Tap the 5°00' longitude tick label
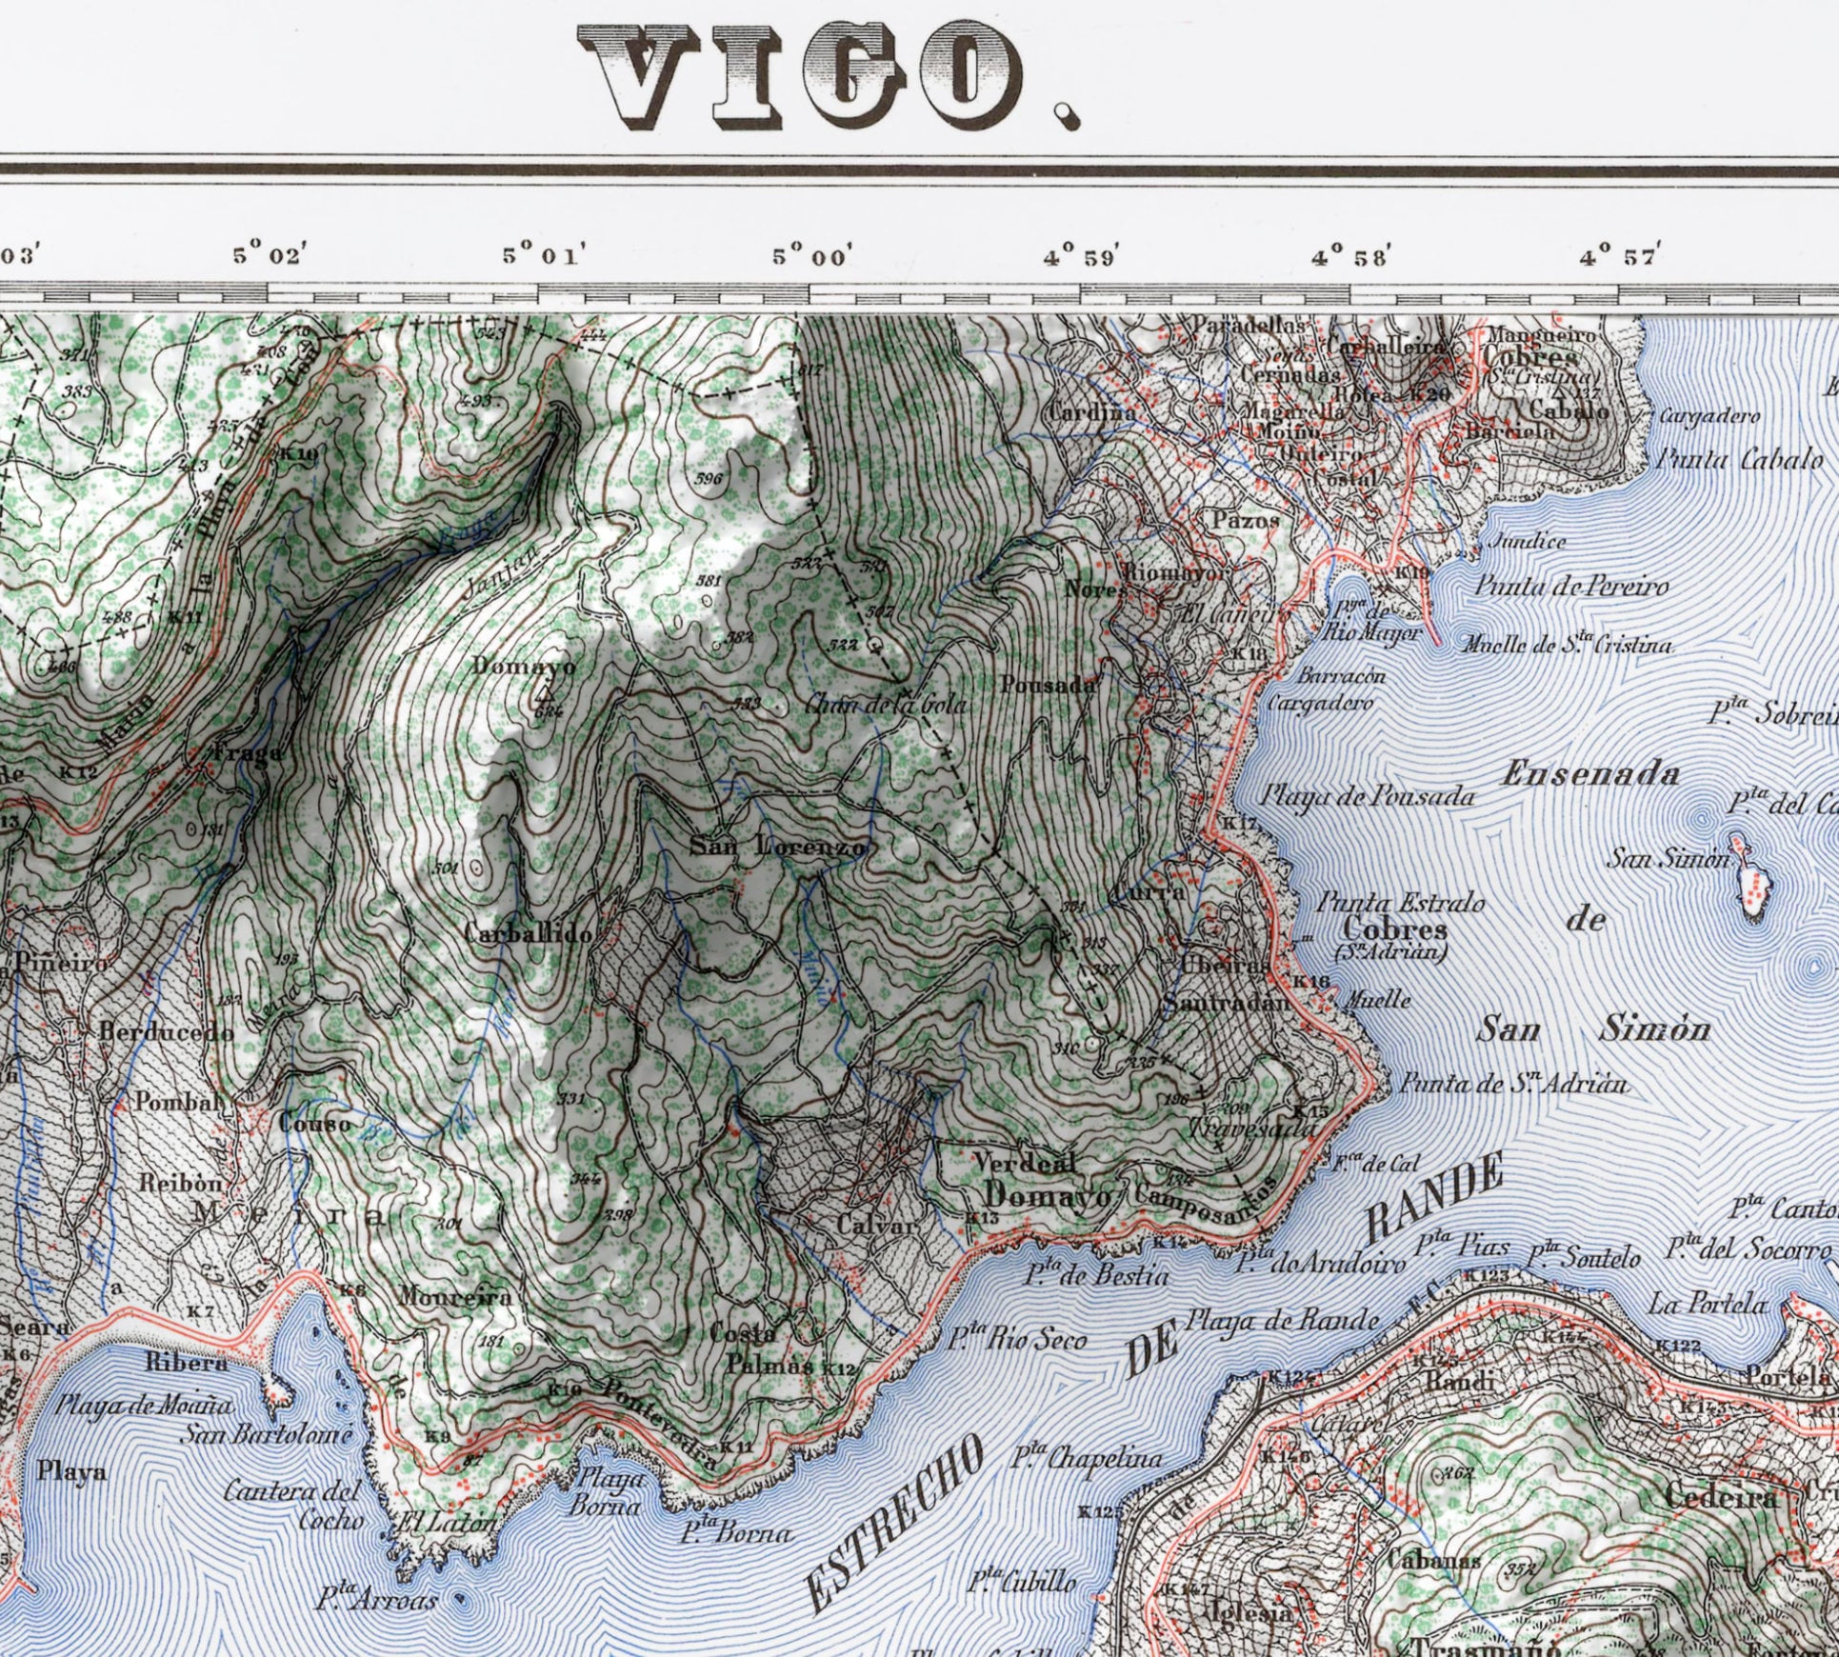pyautogui.click(x=812, y=256)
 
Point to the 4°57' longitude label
pyautogui.click(x=1620, y=256)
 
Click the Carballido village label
pyautogui.click(x=529, y=933)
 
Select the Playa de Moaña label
pyautogui.click(x=144, y=1404)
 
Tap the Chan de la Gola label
pyautogui.click(x=887, y=705)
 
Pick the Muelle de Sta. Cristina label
pyautogui.click(x=1567, y=645)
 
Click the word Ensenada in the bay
pyautogui.click(x=1589, y=774)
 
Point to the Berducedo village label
pyautogui.click(x=167, y=1031)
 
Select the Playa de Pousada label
pyautogui.click(x=1369, y=796)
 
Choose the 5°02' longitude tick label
pyautogui.click(x=270, y=256)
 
